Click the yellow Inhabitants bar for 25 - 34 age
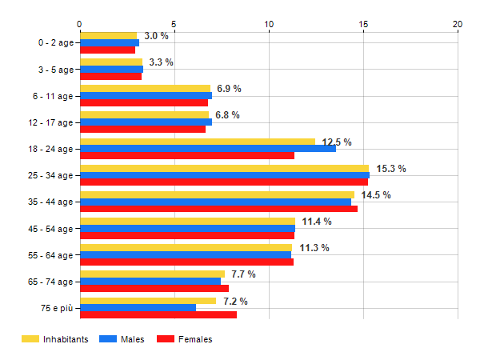click(x=224, y=168)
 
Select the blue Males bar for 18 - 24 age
click(x=208, y=148)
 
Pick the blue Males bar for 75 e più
click(x=138, y=308)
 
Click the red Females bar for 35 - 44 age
click(x=218, y=209)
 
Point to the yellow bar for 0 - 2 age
click(x=108, y=35)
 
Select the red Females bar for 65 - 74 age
click(x=154, y=289)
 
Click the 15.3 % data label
click(x=391, y=169)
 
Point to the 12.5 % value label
click(x=337, y=142)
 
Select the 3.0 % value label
click(x=156, y=36)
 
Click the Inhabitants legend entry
click(x=54, y=339)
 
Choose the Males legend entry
click(x=123, y=339)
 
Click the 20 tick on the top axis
click(x=458, y=23)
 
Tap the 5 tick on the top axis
click(x=174, y=23)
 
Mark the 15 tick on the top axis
click(x=363, y=23)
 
